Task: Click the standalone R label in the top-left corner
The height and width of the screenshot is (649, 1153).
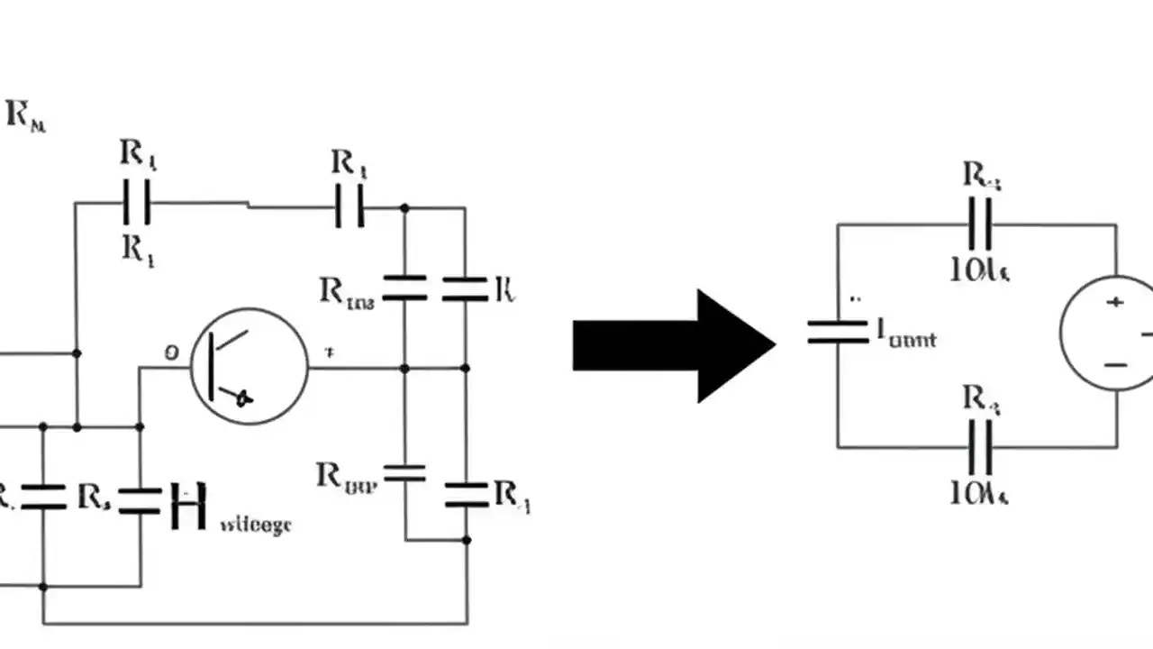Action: coord(25,116)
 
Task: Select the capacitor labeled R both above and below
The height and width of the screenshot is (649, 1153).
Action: coord(136,205)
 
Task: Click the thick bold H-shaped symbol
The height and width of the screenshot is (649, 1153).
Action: coord(188,506)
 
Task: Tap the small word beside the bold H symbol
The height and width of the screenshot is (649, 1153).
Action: coord(256,524)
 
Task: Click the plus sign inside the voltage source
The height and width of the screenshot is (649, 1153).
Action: coord(1115,302)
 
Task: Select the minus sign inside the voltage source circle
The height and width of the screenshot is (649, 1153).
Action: coord(1115,365)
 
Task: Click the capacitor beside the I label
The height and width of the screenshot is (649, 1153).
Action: coord(837,332)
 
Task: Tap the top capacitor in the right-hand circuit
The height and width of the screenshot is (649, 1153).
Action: coord(980,224)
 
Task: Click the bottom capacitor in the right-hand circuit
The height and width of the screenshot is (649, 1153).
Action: coord(980,446)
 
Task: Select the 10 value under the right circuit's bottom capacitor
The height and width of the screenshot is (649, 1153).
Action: coord(979,492)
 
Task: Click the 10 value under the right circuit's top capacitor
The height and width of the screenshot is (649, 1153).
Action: coord(979,270)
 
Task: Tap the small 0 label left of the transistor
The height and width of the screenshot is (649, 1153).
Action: coord(170,352)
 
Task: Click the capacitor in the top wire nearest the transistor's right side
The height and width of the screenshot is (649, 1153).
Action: coord(350,206)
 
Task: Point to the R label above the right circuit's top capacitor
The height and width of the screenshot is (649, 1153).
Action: coord(981,175)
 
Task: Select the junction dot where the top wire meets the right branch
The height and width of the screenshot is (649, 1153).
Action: coord(404,208)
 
